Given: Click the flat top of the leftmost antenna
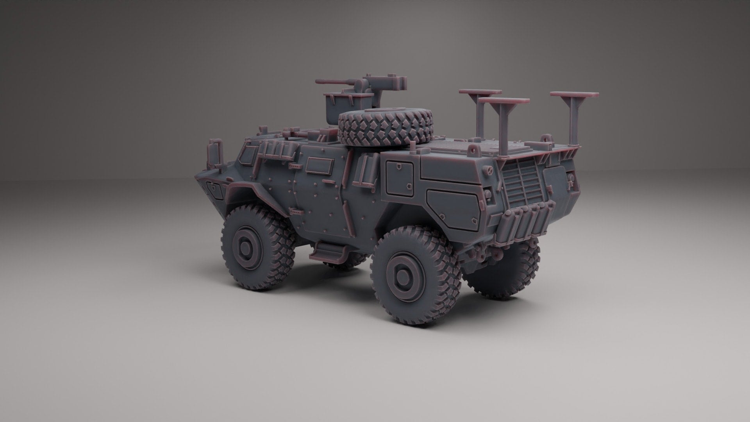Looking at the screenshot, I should point(480,92).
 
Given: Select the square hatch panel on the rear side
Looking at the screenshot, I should point(399,178).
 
